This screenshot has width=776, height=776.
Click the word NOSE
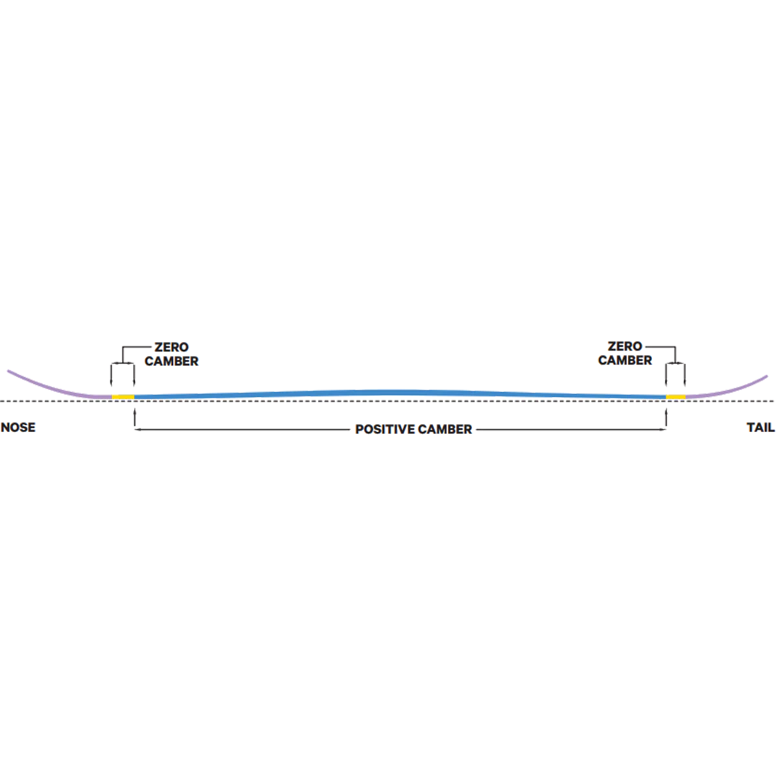pyautogui.click(x=18, y=427)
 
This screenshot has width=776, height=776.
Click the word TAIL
pyautogui.click(x=760, y=427)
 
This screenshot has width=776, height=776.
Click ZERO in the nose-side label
pyautogui.click(x=171, y=347)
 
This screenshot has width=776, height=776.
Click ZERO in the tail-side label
pyautogui.click(x=625, y=347)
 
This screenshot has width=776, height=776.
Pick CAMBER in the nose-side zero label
pyautogui.click(x=171, y=361)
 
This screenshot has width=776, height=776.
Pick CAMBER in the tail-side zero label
pyautogui.click(x=625, y=360)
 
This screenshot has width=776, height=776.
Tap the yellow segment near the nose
pyautogui.click(x=123, y=397)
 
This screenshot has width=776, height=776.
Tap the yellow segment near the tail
pyautogui.click(x=676, y=397)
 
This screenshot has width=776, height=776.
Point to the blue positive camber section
pyautogui.click(x=400, y=393)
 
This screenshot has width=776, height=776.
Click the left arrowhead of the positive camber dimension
pyautogui.click(x=137, y=429)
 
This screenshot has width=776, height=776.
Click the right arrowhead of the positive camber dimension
pyautogui.click(x=663, y=429)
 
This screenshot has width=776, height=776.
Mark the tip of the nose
pyautogui.click(x=8, y=371)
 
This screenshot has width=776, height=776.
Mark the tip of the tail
pyautogui.click(x=767, y=376)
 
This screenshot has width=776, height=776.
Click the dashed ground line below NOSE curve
pyautogui.click(x=56, y=401)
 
